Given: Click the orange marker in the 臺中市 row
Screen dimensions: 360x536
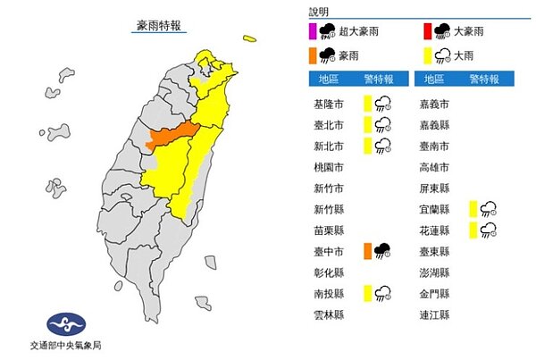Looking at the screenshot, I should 367,251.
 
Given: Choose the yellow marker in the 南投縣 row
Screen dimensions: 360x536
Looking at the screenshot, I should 367,293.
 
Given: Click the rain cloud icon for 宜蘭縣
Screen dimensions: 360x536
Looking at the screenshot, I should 490,209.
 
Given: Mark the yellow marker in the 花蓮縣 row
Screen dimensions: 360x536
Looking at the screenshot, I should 471,230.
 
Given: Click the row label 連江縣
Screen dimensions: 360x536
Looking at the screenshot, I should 434,315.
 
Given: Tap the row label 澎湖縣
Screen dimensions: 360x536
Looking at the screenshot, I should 434,272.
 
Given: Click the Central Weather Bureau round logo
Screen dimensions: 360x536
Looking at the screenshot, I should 64,322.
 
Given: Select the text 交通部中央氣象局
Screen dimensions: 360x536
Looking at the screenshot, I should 64,347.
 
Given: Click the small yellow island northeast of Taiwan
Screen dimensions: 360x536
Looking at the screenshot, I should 247,38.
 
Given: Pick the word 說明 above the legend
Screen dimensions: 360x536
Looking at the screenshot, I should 319,12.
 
